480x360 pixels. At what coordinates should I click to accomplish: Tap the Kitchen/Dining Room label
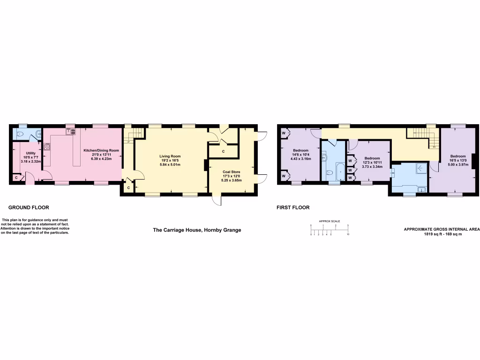[x=101, y=150]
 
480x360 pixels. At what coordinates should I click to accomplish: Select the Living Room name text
[x=170, y=156]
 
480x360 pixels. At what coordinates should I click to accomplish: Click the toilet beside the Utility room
[x=20, y=134]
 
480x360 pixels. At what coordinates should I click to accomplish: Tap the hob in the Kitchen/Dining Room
[x=47, y=146]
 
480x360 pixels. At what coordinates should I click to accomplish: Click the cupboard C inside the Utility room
[x=17, y=178]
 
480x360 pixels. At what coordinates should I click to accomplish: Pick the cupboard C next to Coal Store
[x=223, y=151]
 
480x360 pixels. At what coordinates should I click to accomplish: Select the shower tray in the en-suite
[x=421, y=168]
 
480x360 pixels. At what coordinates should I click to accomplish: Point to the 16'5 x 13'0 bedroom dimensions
[x=457, y=160]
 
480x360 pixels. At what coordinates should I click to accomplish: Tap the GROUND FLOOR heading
[x=29, y=207]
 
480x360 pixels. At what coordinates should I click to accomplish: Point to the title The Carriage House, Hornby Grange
[x=197, y=230]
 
